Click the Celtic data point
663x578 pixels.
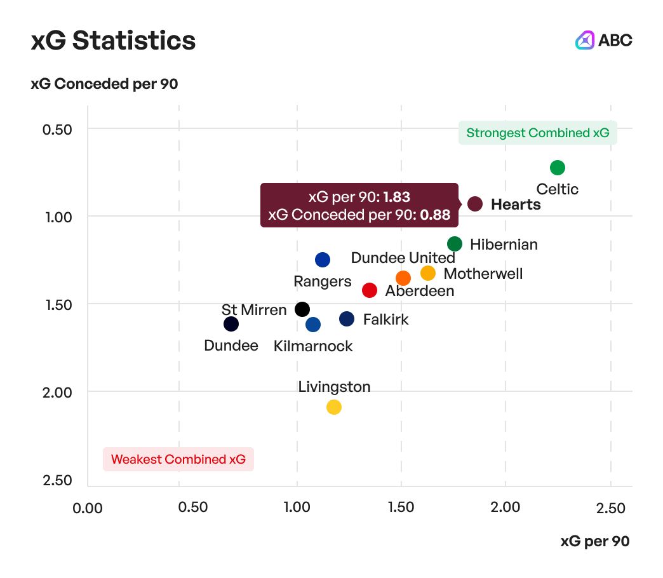click(558, 168)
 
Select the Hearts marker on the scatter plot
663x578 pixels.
click(475, 204)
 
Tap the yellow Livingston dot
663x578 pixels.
click(334, 407)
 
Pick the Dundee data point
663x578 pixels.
click(231, 324)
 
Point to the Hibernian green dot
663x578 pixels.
click(455, 244)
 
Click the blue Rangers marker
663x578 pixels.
click(323, 260)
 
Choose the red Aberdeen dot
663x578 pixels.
click(370, 290)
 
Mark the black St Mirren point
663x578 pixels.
click(302, 309)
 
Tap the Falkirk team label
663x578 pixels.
click(385, 319)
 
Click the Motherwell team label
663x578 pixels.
click(483, 274)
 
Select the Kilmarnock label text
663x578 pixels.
click(313, 346)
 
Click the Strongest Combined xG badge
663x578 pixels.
click(537, 133)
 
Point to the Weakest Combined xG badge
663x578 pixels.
click(178, 459)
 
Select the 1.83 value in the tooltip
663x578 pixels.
click(396, 196)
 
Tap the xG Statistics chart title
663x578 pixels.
click(113, 41)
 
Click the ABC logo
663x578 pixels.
click(604, 40)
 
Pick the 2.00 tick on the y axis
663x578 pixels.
click(58, 392)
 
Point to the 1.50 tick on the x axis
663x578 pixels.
click(401, 508)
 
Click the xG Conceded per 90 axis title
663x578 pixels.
click(104, 84)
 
